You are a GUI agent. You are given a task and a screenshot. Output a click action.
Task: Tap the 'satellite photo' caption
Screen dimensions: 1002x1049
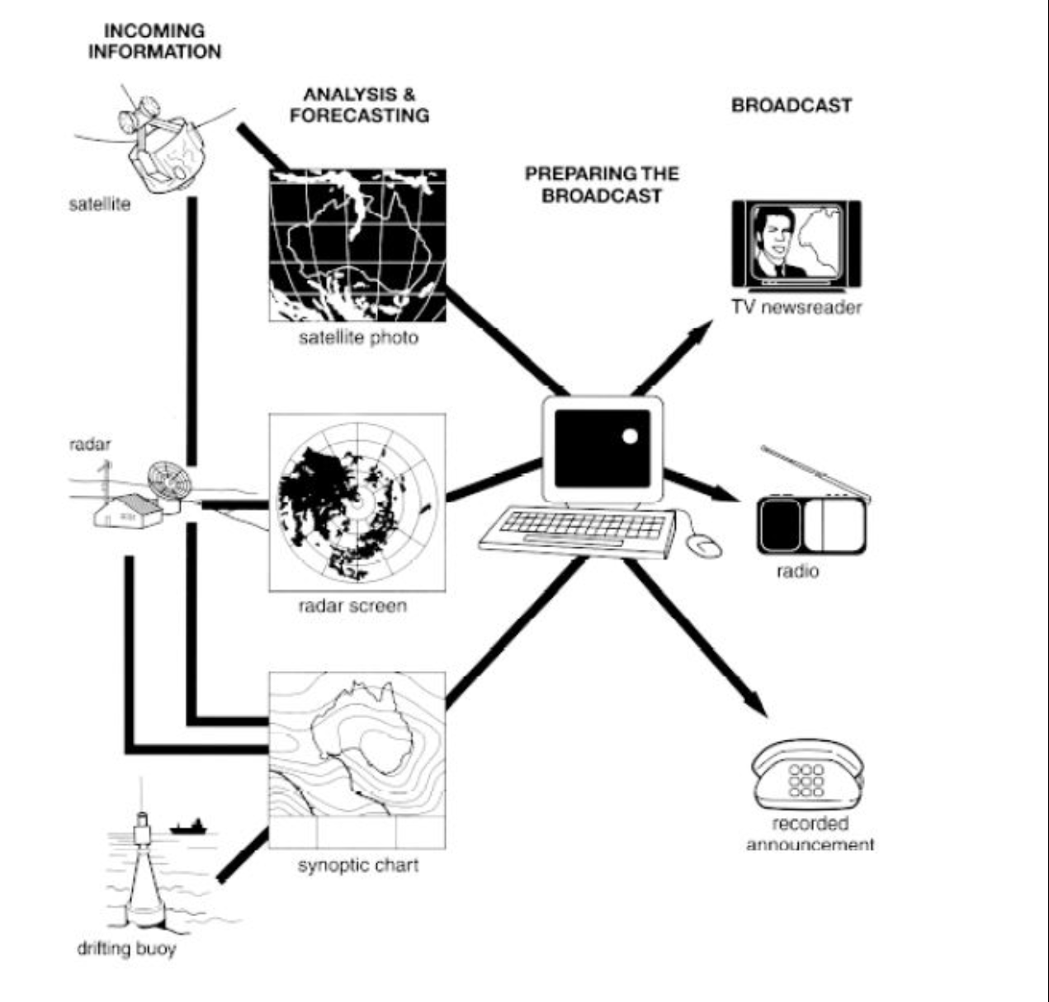(x=358, y=338)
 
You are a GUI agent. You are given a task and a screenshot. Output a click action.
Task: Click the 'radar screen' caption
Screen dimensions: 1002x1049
(x=352, y=606)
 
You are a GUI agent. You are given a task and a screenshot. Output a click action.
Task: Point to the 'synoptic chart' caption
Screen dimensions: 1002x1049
(x=358, y=866)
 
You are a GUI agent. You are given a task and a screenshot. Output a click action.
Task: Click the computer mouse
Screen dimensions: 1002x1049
(x=704, y=544)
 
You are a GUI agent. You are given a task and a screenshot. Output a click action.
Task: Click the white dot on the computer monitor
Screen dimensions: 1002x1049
(x=630, y=437)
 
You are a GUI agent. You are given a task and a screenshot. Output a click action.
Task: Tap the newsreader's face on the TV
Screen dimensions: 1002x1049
(x=773, y=239)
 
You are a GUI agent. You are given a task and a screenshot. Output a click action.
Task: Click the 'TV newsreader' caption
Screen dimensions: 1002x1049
(x=796, y=308)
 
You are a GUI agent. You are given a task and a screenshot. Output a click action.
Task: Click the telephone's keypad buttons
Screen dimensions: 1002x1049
(x=806, y=781)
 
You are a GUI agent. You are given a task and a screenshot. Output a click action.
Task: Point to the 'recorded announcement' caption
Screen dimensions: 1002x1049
(x=810, y=834)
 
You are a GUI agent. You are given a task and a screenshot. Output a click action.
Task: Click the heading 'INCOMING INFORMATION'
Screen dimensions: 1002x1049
(x=154, y=41)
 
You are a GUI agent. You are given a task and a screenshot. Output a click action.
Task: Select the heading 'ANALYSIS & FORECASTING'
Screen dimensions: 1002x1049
(x=359, y=105)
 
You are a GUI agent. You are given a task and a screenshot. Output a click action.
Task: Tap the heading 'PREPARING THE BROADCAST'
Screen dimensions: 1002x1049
(x=602, y=184)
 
